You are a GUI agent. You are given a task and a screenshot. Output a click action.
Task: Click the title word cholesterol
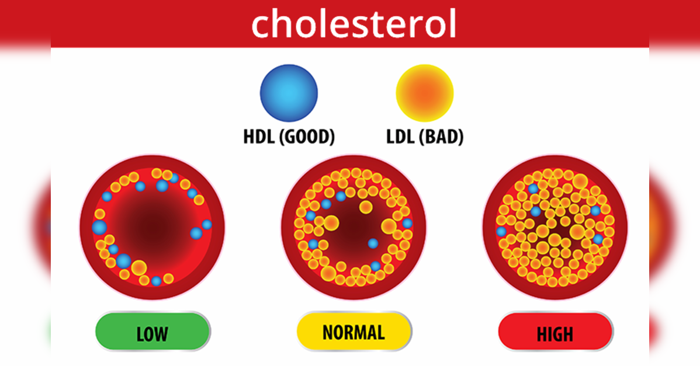click(x=354, y=24)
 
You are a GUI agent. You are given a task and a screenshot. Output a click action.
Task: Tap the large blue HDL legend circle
click(x=289, y=93)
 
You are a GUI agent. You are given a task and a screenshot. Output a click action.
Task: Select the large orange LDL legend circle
click(x=425, y=93)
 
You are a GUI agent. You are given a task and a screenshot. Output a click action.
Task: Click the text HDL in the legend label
click(x=258, y=137)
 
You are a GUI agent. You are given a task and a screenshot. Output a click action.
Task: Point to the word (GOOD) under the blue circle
click(x=307, y=137)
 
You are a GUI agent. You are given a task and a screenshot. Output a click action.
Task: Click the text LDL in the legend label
click(x=400, y=137)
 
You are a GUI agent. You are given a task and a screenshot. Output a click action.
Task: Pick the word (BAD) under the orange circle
click(x=441, y=137)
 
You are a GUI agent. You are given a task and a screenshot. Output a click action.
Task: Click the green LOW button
click(x=153, y=332)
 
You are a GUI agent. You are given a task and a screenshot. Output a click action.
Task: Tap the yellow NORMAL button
click(x=354, y=332)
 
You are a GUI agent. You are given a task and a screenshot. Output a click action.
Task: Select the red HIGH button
click(x=555, y=332)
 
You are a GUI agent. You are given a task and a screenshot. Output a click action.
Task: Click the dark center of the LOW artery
click(x=153, y=226)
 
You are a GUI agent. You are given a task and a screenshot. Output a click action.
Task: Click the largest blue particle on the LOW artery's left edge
click(x=99, y=227)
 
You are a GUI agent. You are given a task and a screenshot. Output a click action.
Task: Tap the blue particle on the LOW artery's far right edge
click(x=207, y=224)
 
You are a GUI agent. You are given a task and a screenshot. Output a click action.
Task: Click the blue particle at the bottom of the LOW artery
click(x=156, y=281)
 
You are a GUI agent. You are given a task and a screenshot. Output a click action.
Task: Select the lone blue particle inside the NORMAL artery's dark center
click(x=373, y=243)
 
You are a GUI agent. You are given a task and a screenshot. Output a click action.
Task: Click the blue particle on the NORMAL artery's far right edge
click(x=407, y=224)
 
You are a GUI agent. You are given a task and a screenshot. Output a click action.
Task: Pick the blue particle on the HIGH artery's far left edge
click(x=501, y=231)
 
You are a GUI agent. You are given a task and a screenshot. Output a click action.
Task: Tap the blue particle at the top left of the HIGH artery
click(x=533, y=189)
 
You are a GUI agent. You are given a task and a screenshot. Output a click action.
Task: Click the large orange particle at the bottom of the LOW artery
click(x=139, y=268)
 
